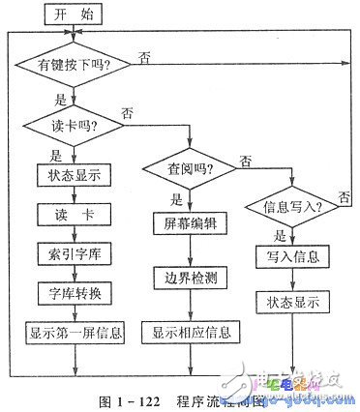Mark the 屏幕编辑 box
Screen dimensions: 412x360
click(190, 223)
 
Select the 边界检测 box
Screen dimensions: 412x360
click(190, 277)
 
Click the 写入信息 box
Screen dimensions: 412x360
click(292, 256)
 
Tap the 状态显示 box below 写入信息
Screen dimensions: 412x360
click(292, 302)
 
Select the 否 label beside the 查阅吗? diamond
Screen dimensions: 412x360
click(247, 160)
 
